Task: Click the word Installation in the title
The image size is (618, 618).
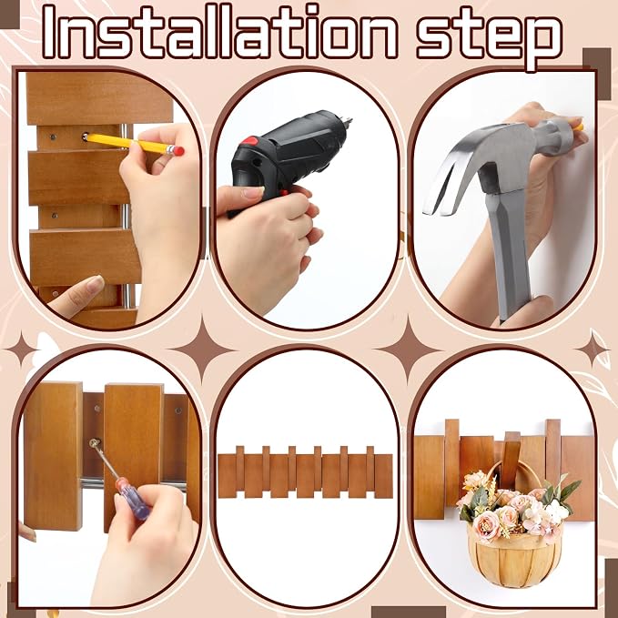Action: tap(220, 33)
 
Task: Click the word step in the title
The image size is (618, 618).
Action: tap(490, 38)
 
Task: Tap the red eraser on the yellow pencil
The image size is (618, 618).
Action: tap(178, 151)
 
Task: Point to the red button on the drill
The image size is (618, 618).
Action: tap(250, 141)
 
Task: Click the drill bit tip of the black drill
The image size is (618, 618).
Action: tap(348, 120)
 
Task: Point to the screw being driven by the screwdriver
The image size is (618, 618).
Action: tap(95, 442)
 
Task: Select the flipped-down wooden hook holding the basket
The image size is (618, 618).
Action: tap(511, 460)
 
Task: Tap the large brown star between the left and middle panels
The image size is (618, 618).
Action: tap(202, 350)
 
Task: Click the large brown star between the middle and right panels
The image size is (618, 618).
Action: tap(409, 350)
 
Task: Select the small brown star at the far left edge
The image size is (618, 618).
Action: tap(21, 350)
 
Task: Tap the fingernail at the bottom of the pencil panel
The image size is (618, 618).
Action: tap(95, 284)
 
